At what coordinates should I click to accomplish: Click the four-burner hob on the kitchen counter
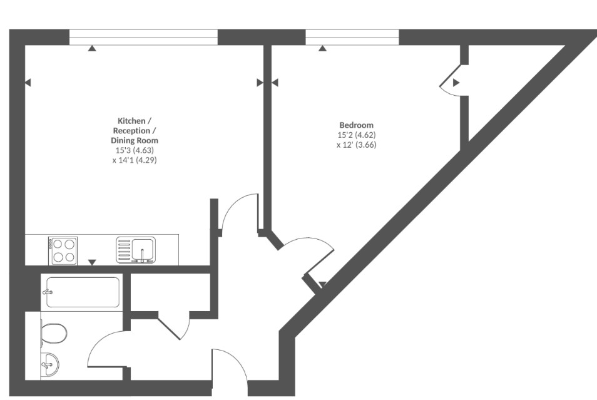63,250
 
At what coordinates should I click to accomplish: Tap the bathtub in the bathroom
83,292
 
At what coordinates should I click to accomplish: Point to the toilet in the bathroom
53,333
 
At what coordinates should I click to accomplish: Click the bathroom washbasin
50,362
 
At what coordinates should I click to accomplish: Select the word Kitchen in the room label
132,120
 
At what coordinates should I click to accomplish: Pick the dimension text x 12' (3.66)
356,145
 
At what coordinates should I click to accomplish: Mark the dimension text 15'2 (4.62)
356,135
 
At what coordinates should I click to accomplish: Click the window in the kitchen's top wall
143,38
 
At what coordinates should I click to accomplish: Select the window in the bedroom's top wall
352,38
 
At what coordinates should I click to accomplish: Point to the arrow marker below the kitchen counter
92,262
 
